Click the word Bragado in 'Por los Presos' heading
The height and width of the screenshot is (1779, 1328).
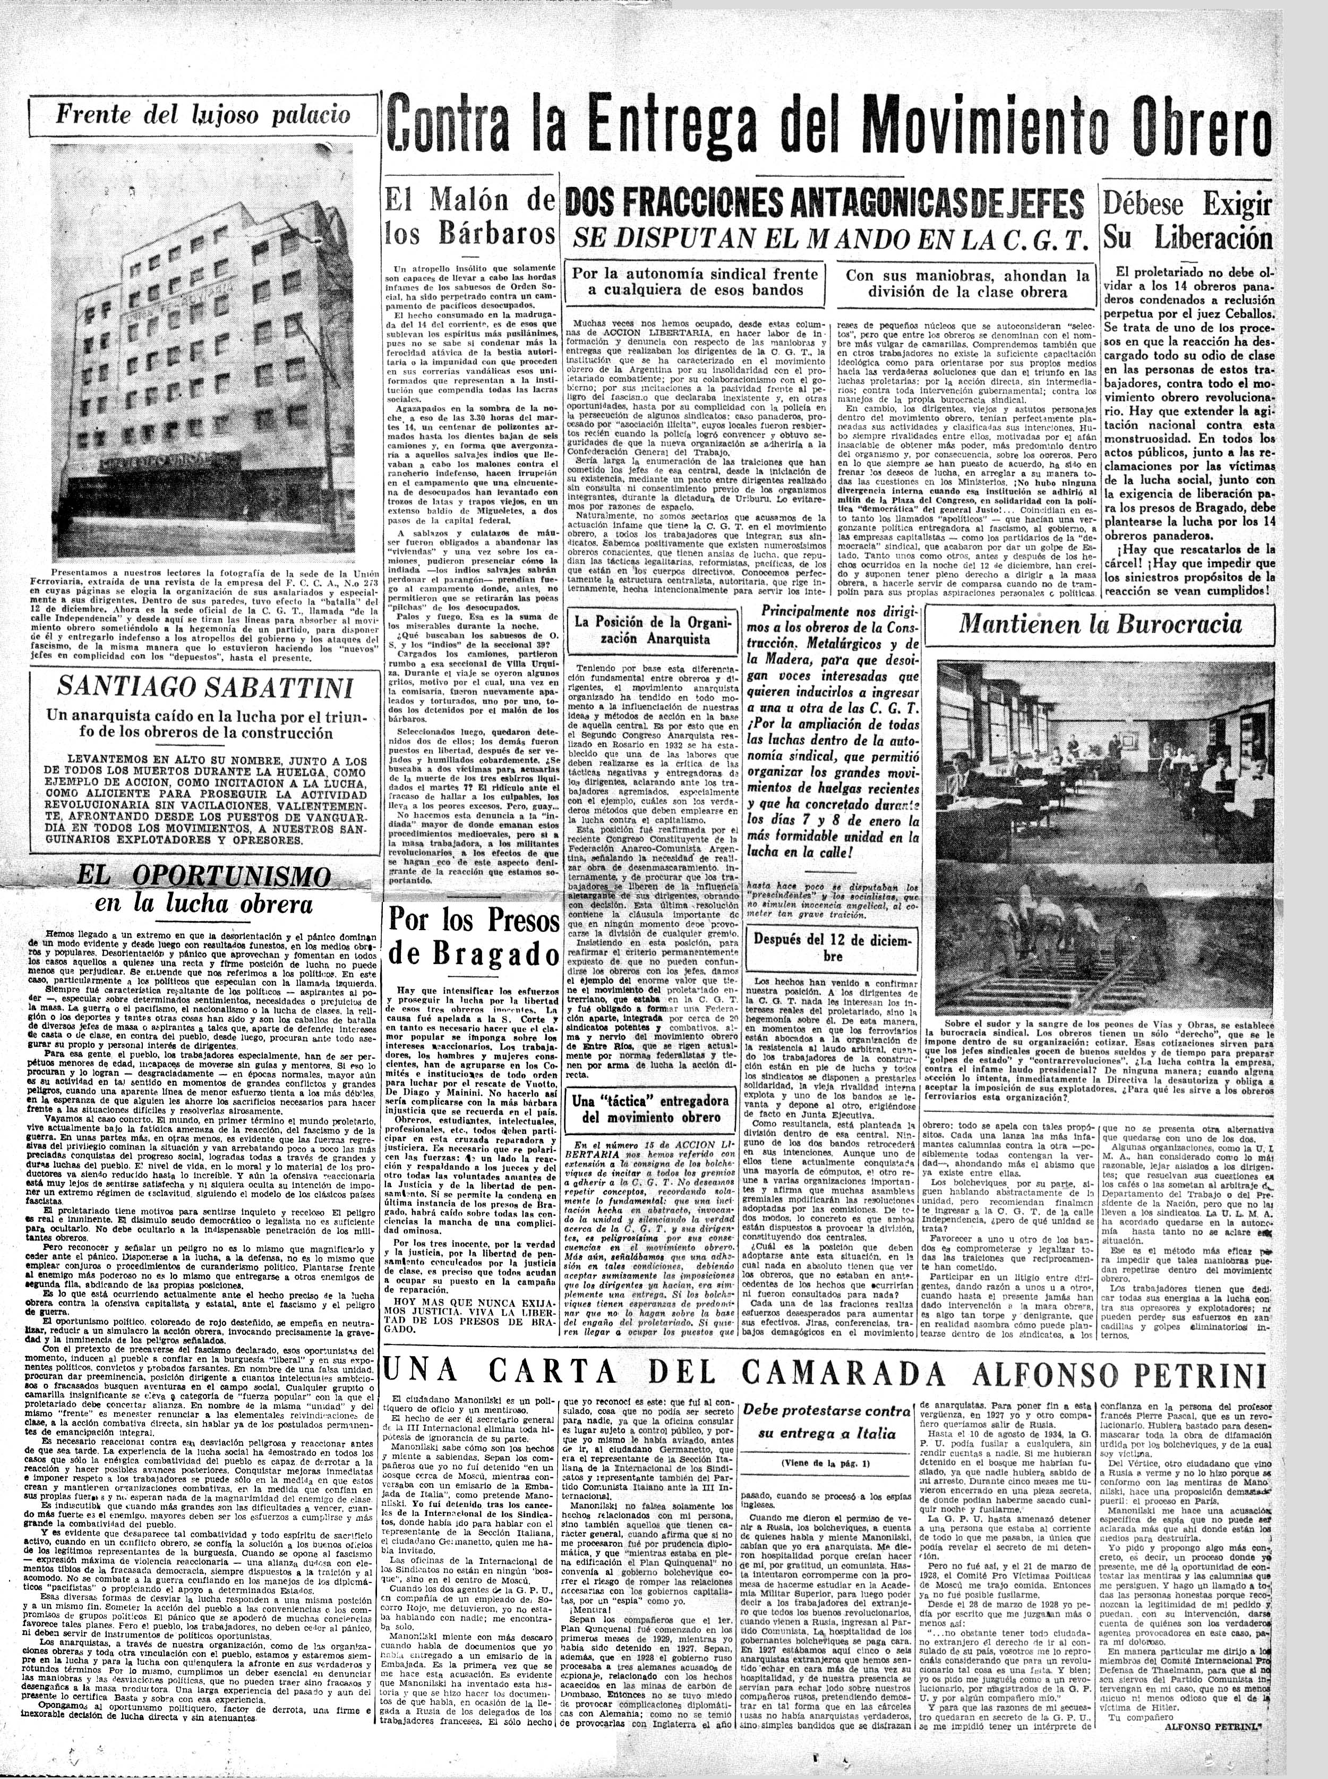coord(470,953)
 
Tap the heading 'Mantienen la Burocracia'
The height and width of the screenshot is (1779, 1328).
coord(1100,624)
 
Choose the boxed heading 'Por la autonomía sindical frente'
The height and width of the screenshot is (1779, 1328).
coord(695,280)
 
